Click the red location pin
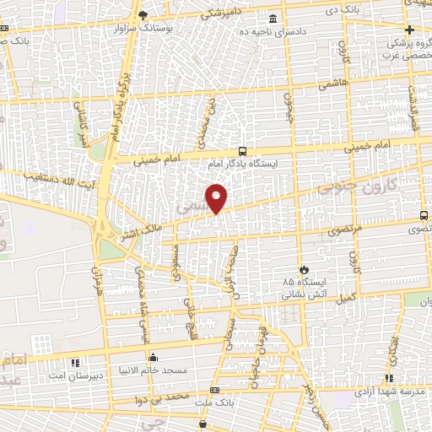[x=218, y=197]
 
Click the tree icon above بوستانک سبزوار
[x=143, y=14]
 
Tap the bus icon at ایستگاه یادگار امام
[x=243, y=152]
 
